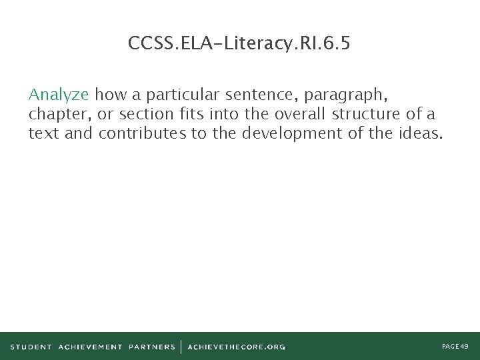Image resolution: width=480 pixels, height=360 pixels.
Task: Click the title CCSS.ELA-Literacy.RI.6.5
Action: click(239, 44)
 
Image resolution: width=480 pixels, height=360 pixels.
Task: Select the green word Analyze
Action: click(59, 93)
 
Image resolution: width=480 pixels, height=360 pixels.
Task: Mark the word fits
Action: click(188, 113)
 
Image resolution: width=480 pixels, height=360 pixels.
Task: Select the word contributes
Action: click(143, 133)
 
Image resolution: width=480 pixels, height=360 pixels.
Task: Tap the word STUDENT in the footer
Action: click(31, 347)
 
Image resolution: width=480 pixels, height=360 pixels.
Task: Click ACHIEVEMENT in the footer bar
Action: click(90, 347)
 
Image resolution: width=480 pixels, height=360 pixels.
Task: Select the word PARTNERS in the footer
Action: click(152, 347)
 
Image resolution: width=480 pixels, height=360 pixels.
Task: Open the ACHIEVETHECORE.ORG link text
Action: click(236, 347)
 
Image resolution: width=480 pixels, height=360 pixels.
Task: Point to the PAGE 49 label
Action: click(455, 347)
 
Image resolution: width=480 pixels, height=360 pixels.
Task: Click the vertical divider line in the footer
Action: click(181, 347)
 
